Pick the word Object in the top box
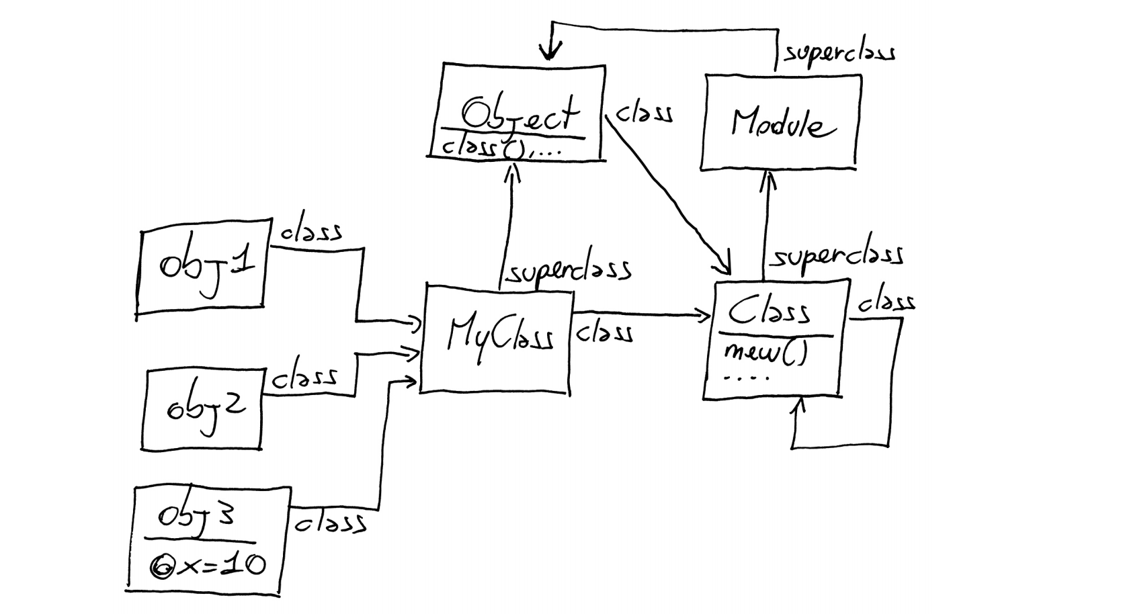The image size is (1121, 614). (519, 114)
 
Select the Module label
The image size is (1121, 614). (782, 124)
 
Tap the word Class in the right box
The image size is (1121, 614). (769, 311)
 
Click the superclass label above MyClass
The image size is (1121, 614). (569, 271)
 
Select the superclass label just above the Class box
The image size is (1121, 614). (836, 255)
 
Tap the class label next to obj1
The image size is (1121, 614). (310, 232)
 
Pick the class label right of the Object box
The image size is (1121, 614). (644, 113)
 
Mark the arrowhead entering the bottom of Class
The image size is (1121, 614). (797, 404)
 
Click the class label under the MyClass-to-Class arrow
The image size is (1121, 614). (604, 333)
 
